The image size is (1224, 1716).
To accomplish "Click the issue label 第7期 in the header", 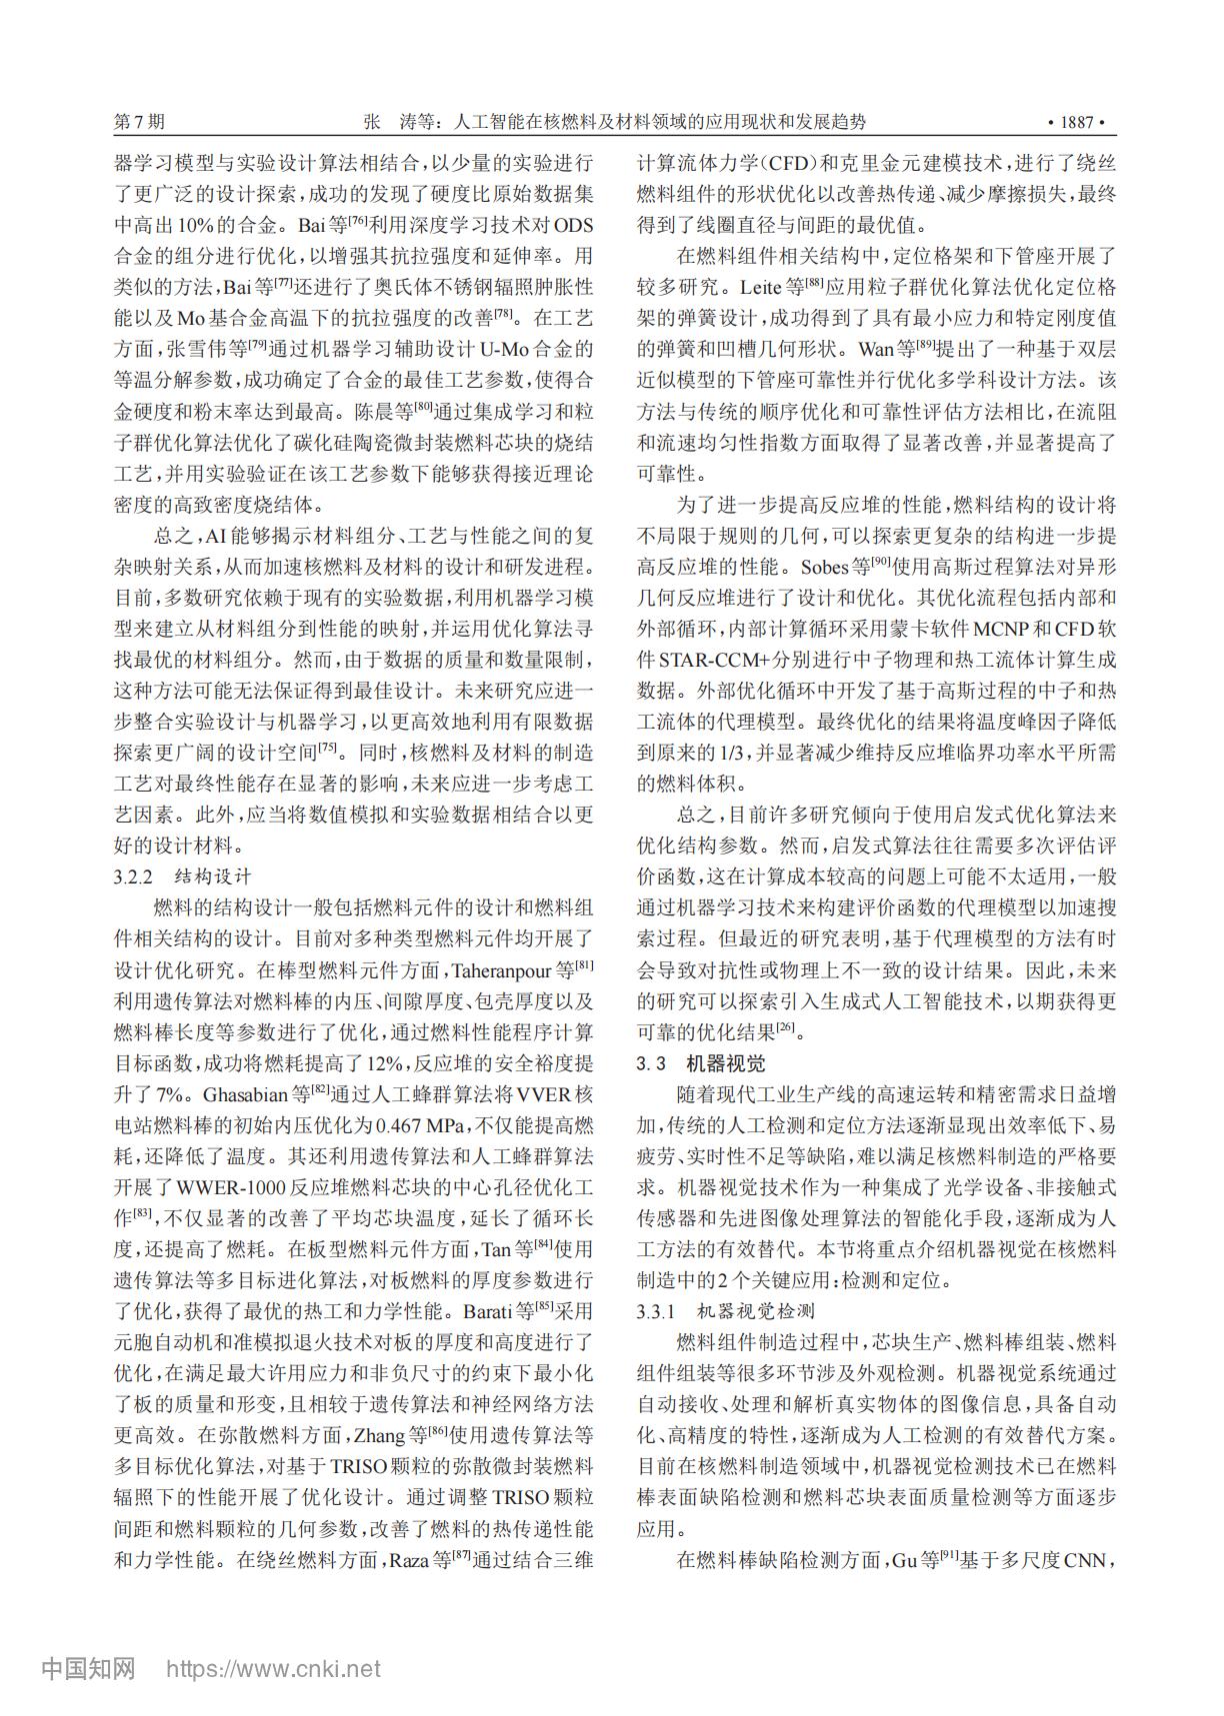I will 139,122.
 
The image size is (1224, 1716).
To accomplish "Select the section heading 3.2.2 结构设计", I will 182,876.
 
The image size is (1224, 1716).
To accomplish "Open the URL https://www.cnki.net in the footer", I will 272,1668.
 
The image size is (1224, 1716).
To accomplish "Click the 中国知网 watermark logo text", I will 88,1667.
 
